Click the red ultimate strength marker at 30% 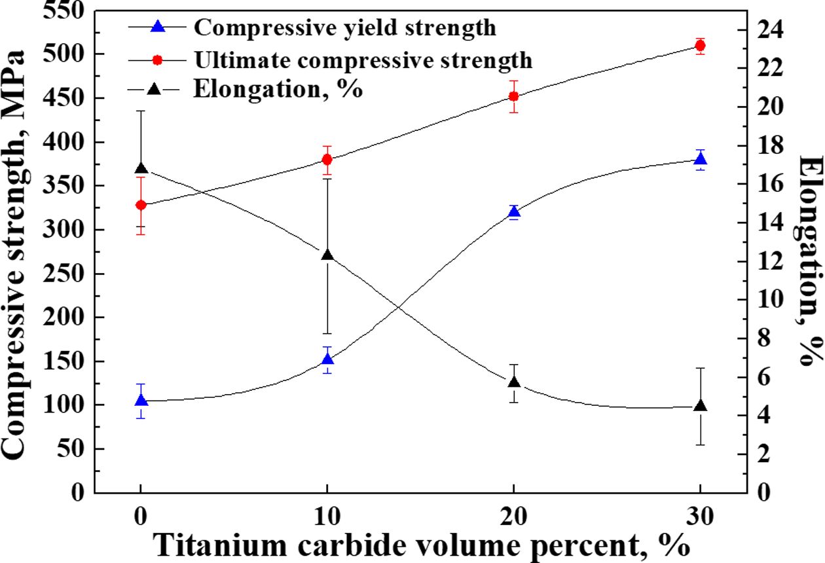coord(700,45)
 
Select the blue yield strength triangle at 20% coord(514,211)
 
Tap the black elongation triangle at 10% coord(327,255)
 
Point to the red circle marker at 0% coord(141,205)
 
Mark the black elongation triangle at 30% coord(700,406)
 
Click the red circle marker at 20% coord(514,96)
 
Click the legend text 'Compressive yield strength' coord(344,27)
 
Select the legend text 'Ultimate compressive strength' coord(363,60)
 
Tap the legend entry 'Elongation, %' coord(278,88)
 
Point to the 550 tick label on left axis coord(64,11)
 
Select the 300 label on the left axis coord(64,230)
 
